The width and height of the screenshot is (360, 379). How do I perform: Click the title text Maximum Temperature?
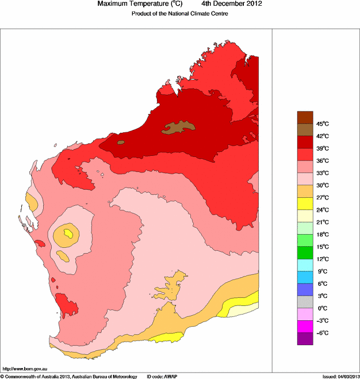tap(136, 4)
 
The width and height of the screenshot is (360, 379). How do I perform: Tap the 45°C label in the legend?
tap(322, 124)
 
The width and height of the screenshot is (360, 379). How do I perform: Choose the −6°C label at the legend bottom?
tap(322, 333)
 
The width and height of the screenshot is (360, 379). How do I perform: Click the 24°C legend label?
tap(322, 210)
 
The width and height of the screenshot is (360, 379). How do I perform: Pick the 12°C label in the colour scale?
tap(322, 259)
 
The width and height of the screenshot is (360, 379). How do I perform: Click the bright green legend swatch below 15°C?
tap(305, 252)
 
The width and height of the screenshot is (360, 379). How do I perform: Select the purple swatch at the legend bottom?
tap(305, 339)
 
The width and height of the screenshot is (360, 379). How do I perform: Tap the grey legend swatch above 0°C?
tap(305, 302)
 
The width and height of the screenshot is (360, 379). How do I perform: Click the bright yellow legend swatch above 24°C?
tap(305, 203)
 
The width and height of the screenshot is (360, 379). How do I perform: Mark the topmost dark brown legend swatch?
tap(305, 117)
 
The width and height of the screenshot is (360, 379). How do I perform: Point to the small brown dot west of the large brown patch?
tap(121, 142)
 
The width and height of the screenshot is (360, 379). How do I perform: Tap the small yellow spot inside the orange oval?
tap(69, 233)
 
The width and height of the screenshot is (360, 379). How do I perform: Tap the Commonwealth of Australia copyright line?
tap(69, 376)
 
